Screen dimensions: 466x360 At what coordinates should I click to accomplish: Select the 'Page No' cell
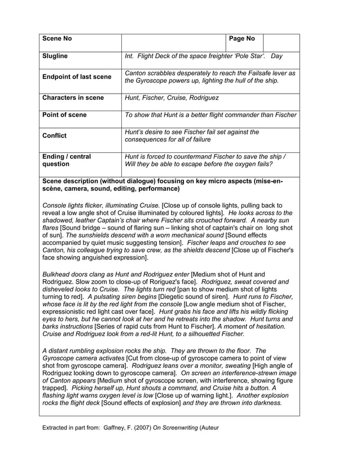[x=243, y=39]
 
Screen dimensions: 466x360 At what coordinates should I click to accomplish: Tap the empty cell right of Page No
[x=281, y=42]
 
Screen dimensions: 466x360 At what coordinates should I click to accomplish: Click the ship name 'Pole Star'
[x=248, y=56]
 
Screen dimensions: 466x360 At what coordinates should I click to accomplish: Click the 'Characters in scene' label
[x=73, y=98]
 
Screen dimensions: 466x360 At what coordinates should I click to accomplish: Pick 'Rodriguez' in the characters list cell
[x=201, y=98]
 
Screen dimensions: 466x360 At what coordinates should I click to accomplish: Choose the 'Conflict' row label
[x=55, y=135]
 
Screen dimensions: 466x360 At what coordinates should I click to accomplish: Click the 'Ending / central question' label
[x=67, y=160]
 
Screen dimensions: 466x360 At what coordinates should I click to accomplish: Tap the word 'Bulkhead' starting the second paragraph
[x=59, y=274]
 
